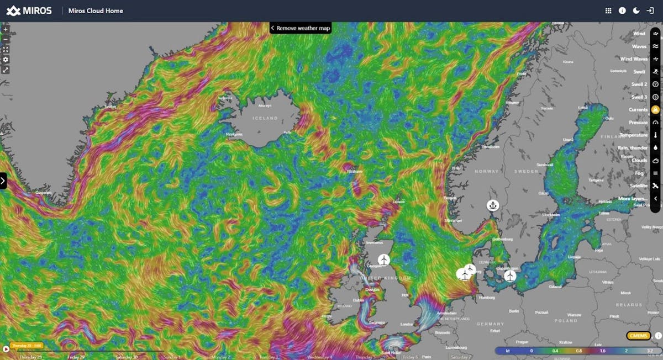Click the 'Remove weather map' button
tap(301, 28)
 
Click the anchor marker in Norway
tap(492, 205)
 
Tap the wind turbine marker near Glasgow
tap(383, 260)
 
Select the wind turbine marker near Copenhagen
tap(510, 275)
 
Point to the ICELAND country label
tap(266, 118)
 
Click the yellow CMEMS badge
tap(638, 335)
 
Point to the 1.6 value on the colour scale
tap(587, 350)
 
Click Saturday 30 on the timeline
tap(129, 357)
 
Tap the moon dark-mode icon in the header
tap(636, 10)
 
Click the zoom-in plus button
tap(6, 29)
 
